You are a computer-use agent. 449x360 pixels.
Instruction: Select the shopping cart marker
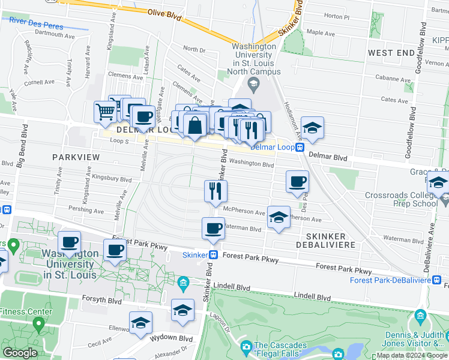pos(105,111)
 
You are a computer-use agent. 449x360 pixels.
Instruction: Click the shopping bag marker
pos(195,125)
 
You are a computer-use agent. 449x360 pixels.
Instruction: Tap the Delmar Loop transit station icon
pos(298,147)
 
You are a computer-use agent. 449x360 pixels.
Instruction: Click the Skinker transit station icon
pos(212,255)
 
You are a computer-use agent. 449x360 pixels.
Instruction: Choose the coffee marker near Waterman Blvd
pos(213,227)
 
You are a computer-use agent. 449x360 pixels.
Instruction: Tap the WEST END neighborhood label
pos(391,53)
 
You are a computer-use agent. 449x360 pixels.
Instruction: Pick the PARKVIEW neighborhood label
pos(74,156)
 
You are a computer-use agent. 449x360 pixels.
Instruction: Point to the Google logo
pos(20,352)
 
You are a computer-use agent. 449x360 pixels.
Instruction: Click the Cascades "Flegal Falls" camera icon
pos(246,347)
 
